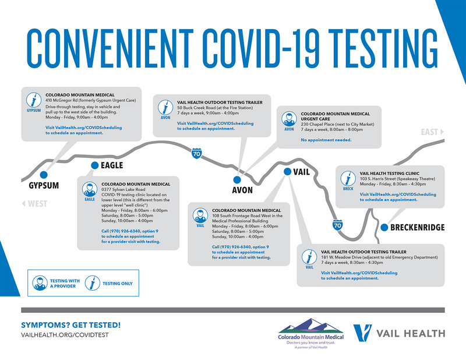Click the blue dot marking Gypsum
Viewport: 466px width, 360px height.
(44, 175)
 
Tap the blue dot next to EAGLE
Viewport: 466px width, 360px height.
(94, 165)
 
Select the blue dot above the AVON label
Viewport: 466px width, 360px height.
(237, 179)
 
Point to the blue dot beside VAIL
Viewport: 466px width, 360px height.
(287, 171)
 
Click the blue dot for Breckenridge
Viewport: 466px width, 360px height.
(384, 227)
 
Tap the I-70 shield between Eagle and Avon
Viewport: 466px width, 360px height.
(196, 153)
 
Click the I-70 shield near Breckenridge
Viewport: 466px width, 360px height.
(337, 225)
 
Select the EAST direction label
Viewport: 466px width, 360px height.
(432, 132)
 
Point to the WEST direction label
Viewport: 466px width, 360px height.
(35, 204)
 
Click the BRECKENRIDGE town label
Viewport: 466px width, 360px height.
(418, 227)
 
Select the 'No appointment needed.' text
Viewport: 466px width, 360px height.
(326, 140)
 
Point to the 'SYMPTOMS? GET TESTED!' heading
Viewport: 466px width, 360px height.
(70, 325)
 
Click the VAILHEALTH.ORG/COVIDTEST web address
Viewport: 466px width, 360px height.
(65, 335)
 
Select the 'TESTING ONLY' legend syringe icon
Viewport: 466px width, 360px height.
(93, 283)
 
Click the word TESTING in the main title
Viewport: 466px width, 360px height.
(383, 48)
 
